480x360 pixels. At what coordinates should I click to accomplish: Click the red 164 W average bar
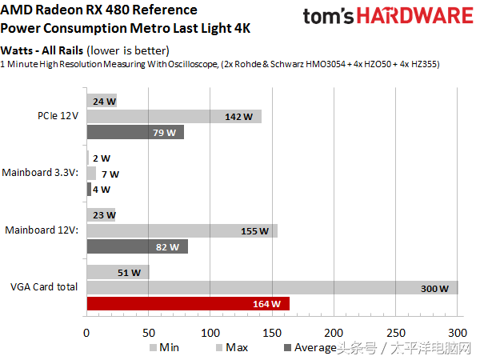click(x=188, y=304)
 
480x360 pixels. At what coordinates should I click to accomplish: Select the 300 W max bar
click(x=272, y=288)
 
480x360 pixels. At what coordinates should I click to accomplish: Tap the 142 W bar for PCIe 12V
click(x=174, y=117)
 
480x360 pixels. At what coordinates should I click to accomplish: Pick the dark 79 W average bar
click(x=135, y=132)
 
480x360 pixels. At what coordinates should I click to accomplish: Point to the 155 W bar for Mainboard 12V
click(x=182, y=231)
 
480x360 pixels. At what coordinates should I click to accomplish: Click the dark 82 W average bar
click(x=137, y=247)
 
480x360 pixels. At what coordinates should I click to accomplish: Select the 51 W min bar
click(x=118, y=272)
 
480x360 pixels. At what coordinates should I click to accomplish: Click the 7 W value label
click(x=110, y=174)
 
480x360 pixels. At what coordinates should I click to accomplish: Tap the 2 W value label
click(x=101, y=158)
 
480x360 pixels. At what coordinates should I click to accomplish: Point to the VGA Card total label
click(x=44, y=287)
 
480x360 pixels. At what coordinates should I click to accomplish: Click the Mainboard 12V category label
click(x=42, y=230)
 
